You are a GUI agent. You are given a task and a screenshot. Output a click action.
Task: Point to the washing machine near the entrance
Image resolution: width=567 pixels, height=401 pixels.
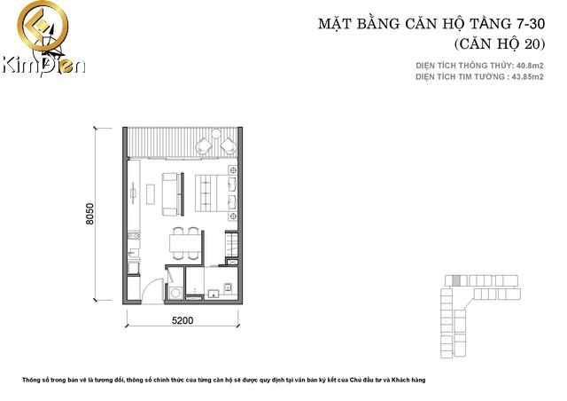click(x=176, y=292)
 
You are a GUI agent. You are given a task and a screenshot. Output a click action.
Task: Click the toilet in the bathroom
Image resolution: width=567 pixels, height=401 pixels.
click(x=227, y=287)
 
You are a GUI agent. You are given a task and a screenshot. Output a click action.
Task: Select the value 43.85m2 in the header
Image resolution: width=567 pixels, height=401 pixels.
click(x=522, y=76)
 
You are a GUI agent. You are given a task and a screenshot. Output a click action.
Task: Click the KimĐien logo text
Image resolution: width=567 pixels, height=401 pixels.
click(x=43, y=64)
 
